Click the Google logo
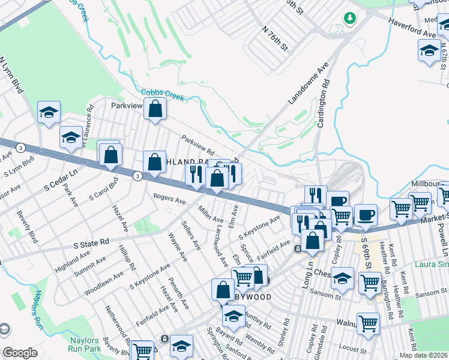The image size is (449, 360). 20,353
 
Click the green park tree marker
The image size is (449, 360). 349,19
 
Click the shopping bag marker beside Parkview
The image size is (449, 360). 155,110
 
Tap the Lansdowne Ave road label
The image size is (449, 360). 309,83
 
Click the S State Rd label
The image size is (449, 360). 91,242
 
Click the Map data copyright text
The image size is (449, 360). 423,355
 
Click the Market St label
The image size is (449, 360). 433,219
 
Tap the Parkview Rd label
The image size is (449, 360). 199,143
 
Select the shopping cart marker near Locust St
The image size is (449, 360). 368,324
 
